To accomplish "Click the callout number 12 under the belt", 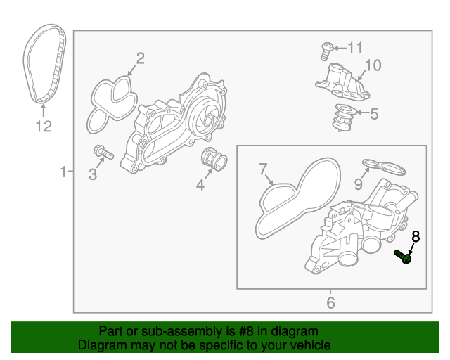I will [x=44, y=127].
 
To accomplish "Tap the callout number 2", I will [x=140, y=58].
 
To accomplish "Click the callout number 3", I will [x=92, y=174].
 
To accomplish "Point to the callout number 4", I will [x=200, y=186].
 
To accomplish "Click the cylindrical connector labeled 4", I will [x=212, y=160].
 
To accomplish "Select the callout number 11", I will [x=355, y=48].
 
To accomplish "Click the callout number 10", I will [x=372, y=65].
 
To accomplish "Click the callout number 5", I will [x=373, y=113].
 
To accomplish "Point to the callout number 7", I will [x=263, y=169].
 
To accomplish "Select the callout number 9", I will [x=358, y=184].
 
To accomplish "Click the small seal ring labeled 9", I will [x=385, y=167].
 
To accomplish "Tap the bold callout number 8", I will [x=415, y=237].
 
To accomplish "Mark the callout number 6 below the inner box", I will [x=330, y=303].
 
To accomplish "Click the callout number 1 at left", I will [x=63, y=172].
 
